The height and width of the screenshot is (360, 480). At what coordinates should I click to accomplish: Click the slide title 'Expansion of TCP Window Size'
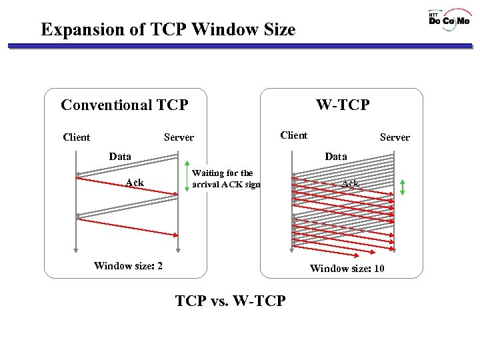point(167,29)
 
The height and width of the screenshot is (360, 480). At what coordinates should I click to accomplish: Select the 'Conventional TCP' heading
point(124,105)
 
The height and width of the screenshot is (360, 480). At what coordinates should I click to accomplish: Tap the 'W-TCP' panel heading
point(343,105)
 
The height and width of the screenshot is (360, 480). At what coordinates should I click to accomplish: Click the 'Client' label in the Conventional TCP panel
point(76,137)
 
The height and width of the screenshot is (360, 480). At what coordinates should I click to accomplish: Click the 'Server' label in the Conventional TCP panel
point(179,137)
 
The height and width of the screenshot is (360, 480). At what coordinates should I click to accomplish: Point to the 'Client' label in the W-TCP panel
point(294,135)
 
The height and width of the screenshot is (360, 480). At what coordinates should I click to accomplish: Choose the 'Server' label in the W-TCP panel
point(395,137)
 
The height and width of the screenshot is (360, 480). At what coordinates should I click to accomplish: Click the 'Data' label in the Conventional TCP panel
point(120,157)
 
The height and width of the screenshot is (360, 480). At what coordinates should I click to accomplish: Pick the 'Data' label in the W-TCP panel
point(335,157)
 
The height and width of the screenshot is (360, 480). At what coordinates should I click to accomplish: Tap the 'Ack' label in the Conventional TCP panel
point(135,183)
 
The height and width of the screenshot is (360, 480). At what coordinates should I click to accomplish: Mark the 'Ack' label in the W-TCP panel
point(351,183)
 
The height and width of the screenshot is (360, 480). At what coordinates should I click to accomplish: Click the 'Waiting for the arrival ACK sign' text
point(225,179)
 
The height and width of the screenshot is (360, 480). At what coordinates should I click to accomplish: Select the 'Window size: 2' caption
point(129,266)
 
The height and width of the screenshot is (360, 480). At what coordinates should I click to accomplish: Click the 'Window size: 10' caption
point(347,269)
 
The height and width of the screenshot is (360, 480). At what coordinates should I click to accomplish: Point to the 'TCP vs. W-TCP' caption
point(230,301)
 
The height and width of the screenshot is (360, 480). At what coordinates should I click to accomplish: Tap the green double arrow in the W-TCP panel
point(403,187)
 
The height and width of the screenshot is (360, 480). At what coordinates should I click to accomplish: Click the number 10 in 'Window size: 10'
point(377,269)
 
